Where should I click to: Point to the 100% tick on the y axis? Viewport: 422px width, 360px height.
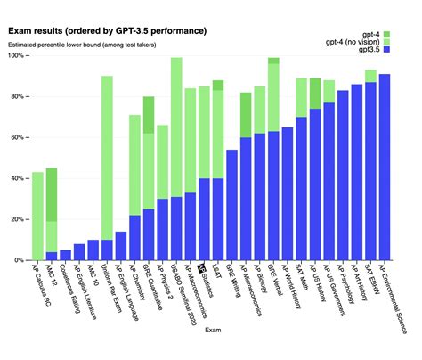(x=15, y=56)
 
